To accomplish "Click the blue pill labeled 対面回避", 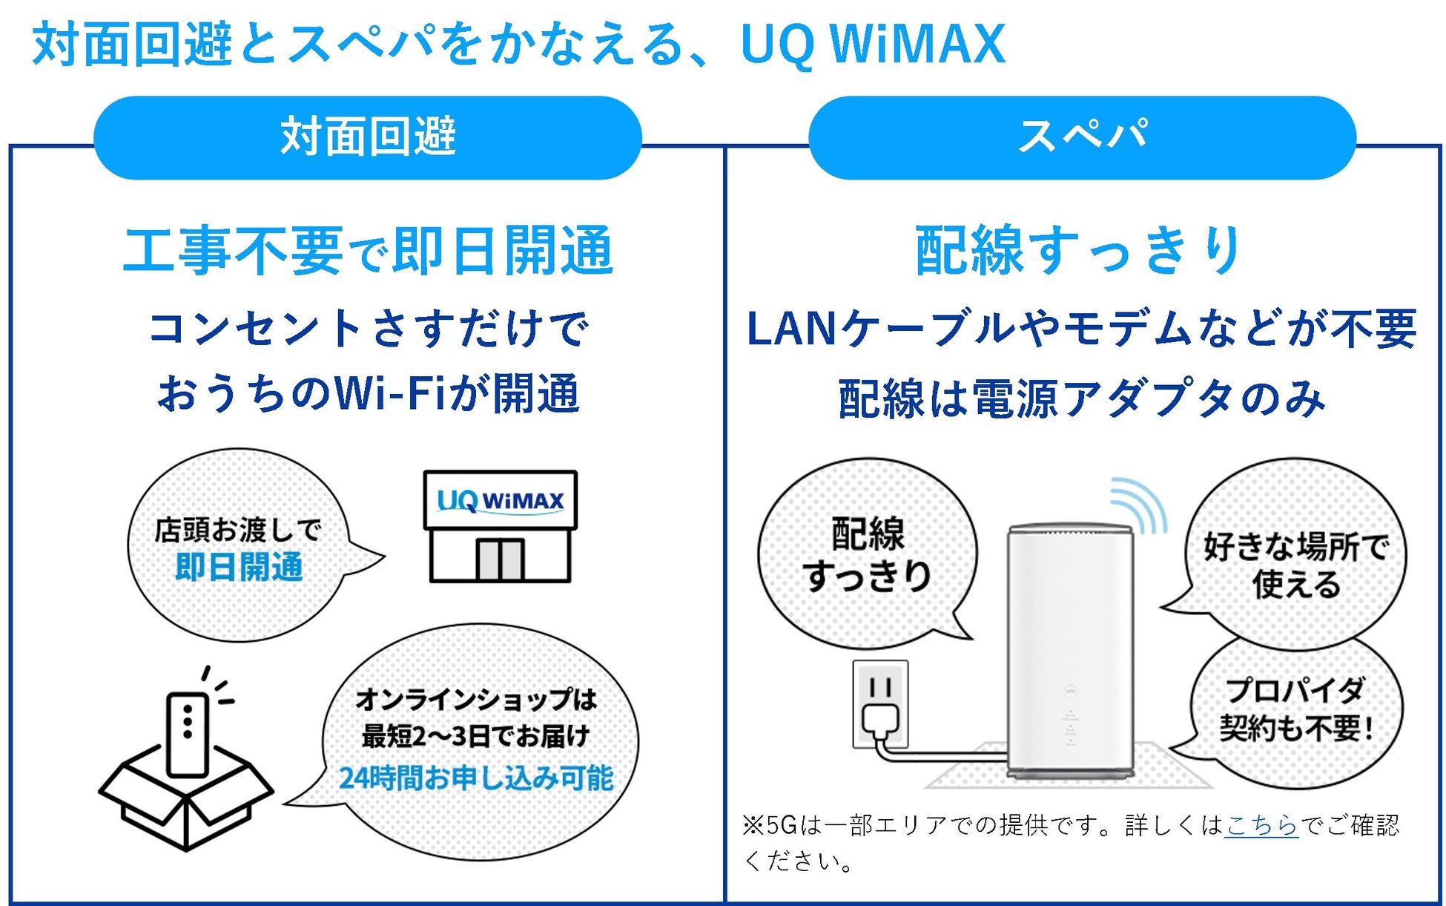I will [367, 137].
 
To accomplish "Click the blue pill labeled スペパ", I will [1082, 137].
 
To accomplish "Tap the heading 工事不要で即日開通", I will [369, 251].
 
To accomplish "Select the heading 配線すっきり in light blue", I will [1079, 251].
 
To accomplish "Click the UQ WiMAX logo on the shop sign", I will [500, 501].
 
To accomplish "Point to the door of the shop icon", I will [499, 559].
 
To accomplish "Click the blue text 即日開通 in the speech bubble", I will [239, 568].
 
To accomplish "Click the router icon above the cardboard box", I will [187, 735].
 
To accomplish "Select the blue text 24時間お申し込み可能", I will [476, 778].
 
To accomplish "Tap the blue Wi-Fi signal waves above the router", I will [1138, 505].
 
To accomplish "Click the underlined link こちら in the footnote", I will [1261, 825].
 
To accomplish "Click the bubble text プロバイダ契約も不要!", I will [1295, 709].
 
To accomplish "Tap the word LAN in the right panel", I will [790, 329].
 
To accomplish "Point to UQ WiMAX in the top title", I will [873, 45].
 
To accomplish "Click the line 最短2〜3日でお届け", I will [476, 737].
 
